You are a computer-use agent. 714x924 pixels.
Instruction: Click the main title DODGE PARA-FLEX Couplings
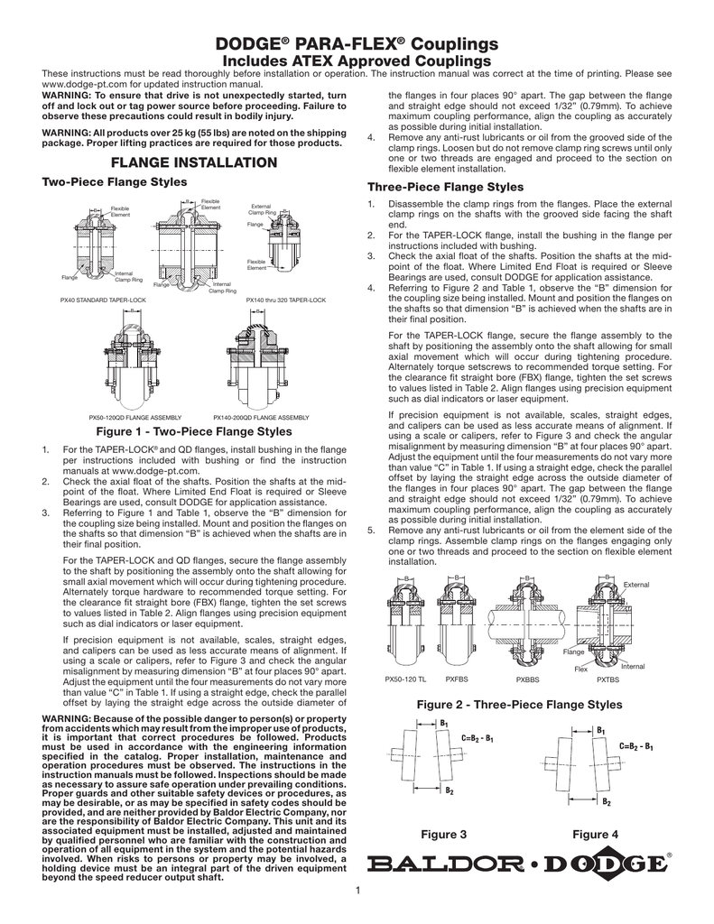[357, 44]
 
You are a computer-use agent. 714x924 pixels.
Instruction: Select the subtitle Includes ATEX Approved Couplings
[357, 60]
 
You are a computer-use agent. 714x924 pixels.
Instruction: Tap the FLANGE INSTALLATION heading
[192, 162]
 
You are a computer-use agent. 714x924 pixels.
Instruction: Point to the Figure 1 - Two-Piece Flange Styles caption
[192, 431]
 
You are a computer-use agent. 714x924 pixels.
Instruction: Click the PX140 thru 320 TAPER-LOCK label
[286, 298]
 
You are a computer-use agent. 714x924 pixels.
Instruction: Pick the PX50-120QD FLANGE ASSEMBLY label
[134, 417]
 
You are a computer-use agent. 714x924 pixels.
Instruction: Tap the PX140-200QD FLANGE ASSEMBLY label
[261, 417]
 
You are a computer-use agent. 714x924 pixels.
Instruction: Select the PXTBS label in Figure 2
[607, 677]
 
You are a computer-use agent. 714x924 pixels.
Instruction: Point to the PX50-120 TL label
[404, 677]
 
